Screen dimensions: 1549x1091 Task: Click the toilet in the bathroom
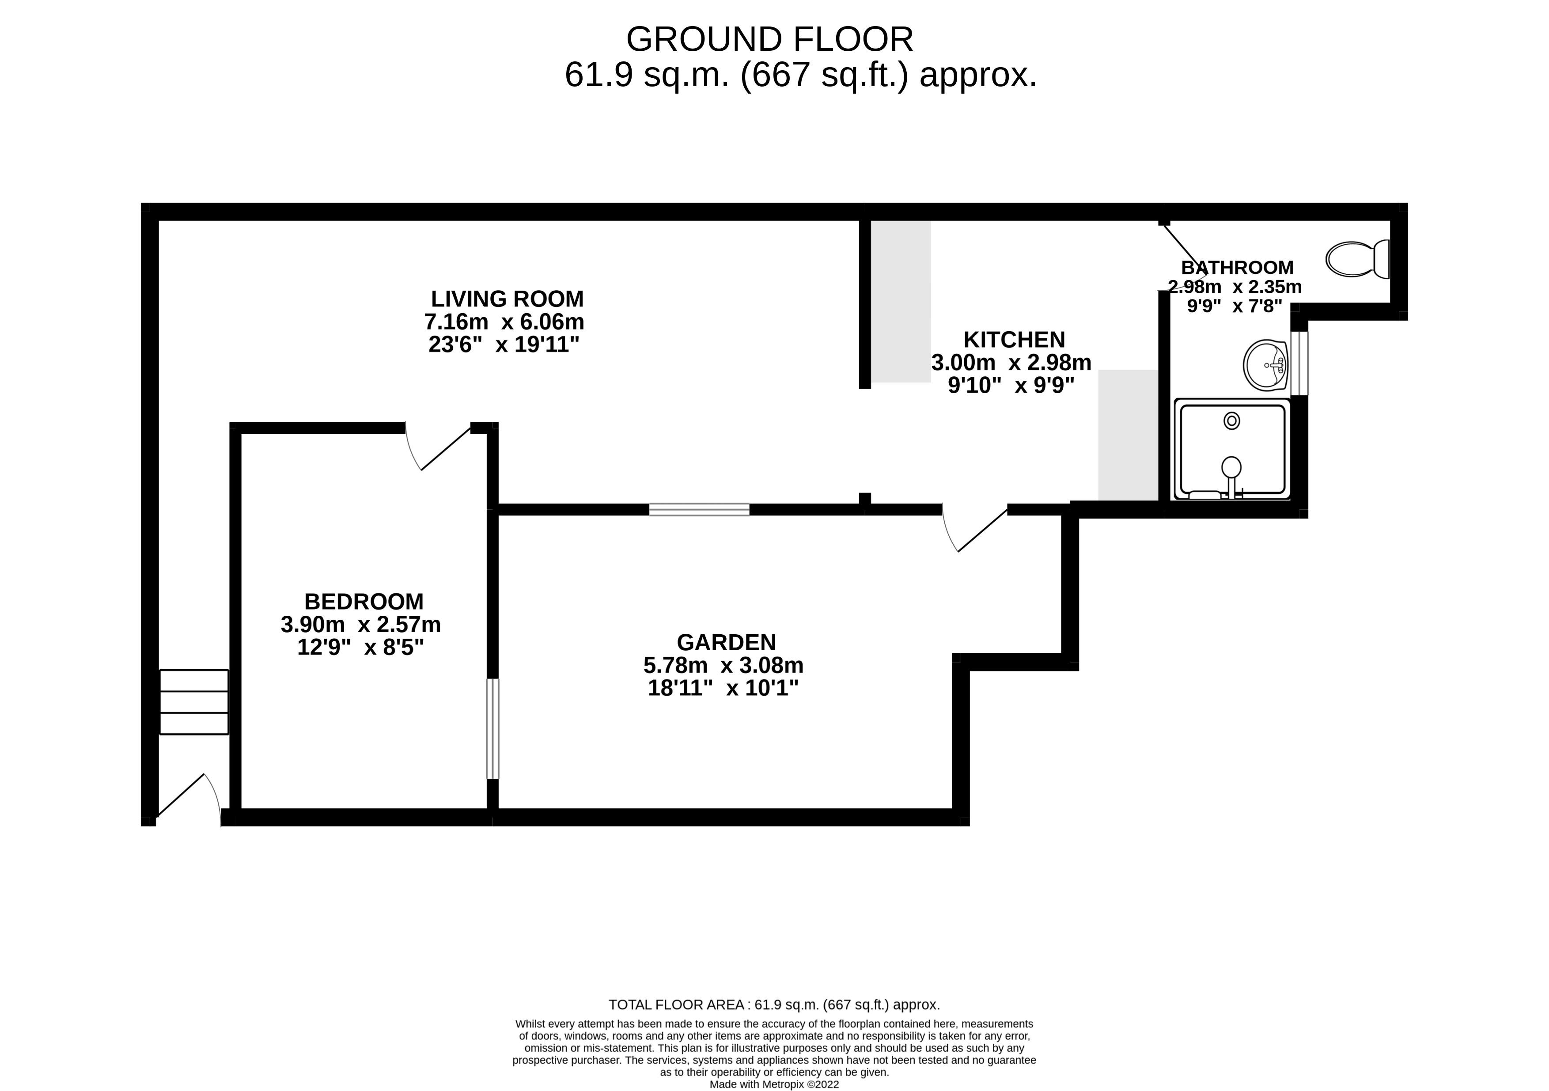coord(1357,259)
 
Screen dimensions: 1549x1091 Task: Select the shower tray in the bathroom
coord(1232,449)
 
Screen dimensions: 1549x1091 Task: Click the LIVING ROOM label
coord(507,298)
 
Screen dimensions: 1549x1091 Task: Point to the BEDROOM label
coord(364,601)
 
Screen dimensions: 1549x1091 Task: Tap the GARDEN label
coord(727,642)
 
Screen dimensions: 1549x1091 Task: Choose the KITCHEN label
coord(1014,339)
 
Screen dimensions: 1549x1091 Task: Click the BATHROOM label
coord(1237,267)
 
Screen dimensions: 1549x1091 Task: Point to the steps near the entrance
coord(193,702)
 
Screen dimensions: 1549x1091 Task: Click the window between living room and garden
coord(699,509)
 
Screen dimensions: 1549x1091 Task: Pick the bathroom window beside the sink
coord(1299,363)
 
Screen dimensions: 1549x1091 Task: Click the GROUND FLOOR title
coord(770,39)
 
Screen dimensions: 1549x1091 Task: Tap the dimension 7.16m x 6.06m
coord(504,321)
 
